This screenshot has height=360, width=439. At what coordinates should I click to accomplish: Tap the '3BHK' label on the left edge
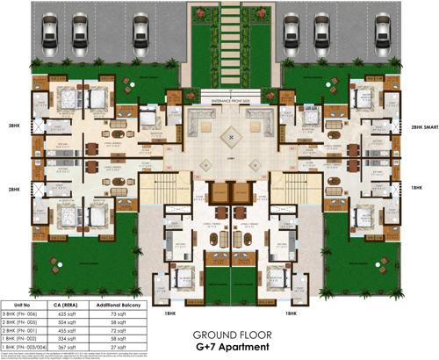13,125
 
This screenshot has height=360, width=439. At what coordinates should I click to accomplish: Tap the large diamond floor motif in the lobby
231,135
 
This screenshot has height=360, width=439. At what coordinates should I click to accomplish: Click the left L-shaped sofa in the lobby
199,120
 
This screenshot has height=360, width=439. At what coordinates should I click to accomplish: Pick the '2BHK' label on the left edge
13,188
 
